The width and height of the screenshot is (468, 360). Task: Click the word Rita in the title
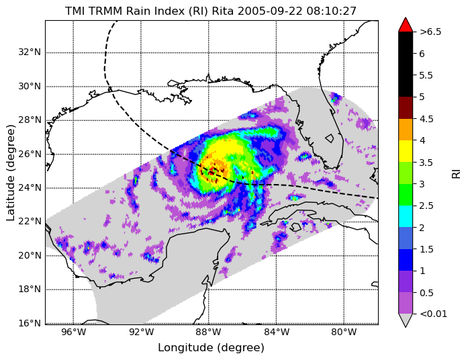click(222, 11)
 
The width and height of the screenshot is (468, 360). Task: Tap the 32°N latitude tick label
click(30, 52)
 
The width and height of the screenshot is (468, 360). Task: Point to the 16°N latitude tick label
click(30, 323)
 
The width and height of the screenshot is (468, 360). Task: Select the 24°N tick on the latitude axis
click(30, 188)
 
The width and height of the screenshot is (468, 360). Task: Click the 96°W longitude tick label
click(73, 332)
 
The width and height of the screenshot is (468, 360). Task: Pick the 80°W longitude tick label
click(344, 332)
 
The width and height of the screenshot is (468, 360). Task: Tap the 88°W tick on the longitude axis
click(209, 332)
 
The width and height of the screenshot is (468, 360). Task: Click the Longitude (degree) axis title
click(212, 348)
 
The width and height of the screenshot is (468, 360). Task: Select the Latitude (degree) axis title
click(10, 173)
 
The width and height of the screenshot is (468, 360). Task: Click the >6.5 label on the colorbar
click(430, 32)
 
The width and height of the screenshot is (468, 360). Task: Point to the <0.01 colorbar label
click(433, 314)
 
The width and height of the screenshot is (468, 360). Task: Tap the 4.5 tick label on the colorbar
click(426, 119)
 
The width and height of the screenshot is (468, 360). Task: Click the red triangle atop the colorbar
click(406, 25)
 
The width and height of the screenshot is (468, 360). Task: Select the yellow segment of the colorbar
click(406, 151)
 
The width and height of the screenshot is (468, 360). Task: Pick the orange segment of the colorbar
click(406, 130)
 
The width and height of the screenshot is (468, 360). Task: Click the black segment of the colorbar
click(406, 64)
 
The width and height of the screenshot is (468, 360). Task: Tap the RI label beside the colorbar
click(457, 173)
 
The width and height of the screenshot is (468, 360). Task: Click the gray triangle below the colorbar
click(406, 320)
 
